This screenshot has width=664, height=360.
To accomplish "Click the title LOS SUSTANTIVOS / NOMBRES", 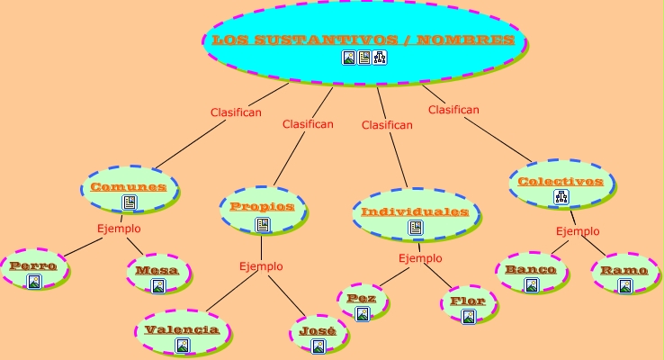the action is [363, 40].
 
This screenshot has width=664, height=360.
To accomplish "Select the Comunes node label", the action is [129, 187].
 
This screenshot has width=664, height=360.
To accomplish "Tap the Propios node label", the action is [262, 206].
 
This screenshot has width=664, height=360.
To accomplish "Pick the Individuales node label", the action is [415, 211].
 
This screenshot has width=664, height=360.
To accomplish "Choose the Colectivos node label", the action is [560, 181].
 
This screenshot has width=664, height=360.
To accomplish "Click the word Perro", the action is [33, 265].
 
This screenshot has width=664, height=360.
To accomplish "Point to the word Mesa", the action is [157, 270].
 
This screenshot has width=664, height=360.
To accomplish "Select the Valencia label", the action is [182, 329].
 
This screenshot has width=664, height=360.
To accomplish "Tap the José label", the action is [317, 331].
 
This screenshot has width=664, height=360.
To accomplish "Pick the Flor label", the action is [468, 301].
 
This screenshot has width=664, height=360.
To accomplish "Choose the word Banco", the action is [531, 269].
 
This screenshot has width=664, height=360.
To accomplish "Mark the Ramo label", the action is [624, 270].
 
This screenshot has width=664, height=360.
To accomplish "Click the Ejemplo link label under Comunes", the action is [119, 229].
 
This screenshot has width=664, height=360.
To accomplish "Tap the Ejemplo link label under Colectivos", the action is [578, 231].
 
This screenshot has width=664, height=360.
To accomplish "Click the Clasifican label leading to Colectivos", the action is [453, 110].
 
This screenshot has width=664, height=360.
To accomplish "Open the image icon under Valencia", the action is [182, 345].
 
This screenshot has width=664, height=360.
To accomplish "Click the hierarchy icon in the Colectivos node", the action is [561, 197].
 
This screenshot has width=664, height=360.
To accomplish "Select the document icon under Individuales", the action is [415, 228].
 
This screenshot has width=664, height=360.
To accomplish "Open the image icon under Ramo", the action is [625, 285].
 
